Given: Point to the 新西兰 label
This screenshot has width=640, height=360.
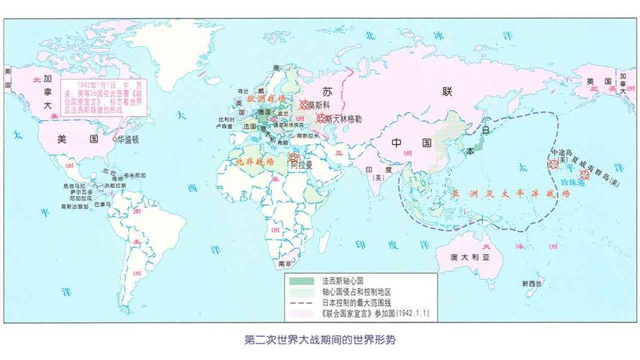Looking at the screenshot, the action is pyautogui.click(x=533, y=282).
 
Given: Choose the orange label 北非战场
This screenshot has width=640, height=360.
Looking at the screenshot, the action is pyautogui.click(x=254, y=163).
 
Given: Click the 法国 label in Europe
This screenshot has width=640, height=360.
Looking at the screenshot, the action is pyautogui.click(x=251, y=127).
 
